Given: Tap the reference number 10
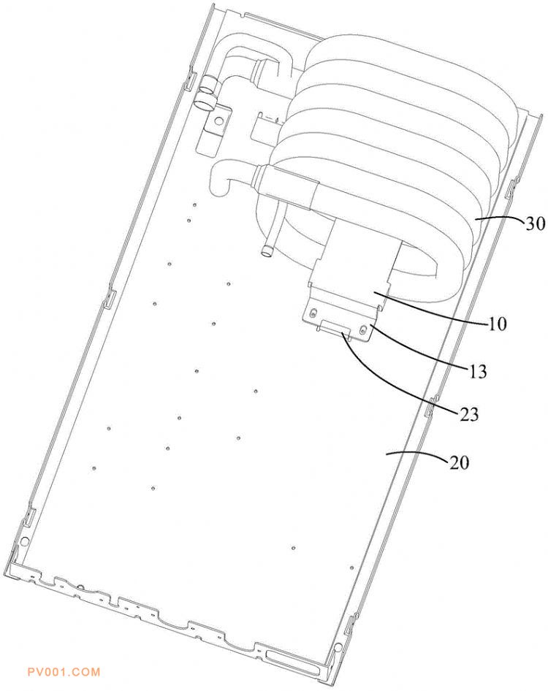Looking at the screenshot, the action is click(x=498, y=324).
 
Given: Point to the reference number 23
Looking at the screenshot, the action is click(x=469, y=414).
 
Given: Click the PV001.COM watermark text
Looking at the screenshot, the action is click(x=64, y=672).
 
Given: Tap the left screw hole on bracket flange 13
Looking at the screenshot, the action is click(x=313, y=313).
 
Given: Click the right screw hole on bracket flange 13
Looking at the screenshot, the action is click(x=363, y=329).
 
